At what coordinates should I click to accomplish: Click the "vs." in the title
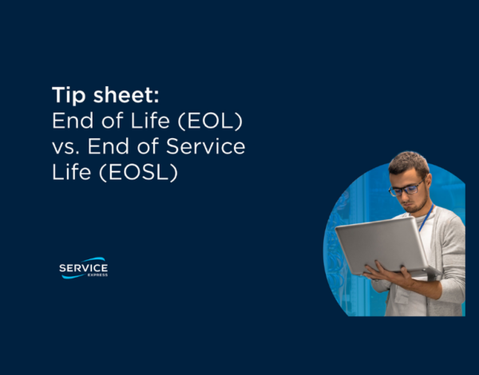coord(67,147)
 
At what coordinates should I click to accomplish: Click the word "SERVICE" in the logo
coord(84,267)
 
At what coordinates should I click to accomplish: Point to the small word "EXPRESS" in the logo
coord(97,275)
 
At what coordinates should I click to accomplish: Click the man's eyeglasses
coord(406,190)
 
